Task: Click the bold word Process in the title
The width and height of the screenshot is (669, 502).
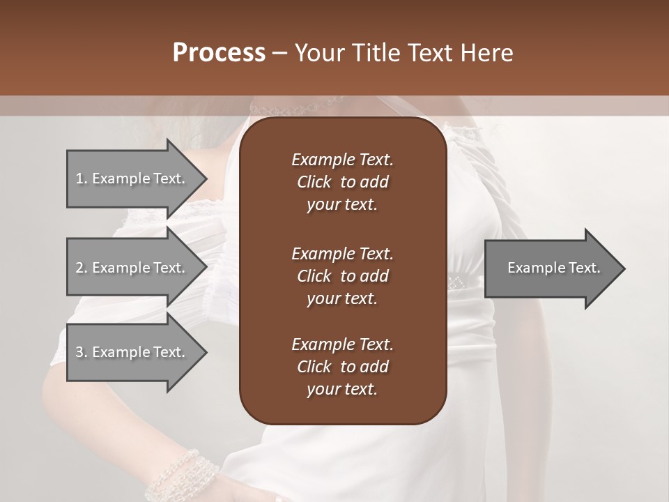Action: [x=219, y=53]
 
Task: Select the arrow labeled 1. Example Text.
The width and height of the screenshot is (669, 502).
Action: [x=132, y=178]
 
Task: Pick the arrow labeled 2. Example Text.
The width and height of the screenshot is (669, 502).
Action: [x=132, y=268]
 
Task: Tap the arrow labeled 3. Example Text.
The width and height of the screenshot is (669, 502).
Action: [x=132, y=352]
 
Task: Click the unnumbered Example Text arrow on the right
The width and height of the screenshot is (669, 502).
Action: [x=553, y=268]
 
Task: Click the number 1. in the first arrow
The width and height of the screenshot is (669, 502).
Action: [x=82, y=178]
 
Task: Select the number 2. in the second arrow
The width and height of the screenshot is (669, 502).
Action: [x=82, y=268]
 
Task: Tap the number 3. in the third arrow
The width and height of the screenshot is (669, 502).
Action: [x=82, y=352]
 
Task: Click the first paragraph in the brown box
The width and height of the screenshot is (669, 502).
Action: [x=342, y=182]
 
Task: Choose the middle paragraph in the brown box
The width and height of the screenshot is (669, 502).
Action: [x=342, y=276]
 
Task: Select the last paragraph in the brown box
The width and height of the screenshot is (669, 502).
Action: [x=342, y=367]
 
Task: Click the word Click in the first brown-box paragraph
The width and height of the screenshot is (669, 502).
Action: [x=314, y=182]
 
